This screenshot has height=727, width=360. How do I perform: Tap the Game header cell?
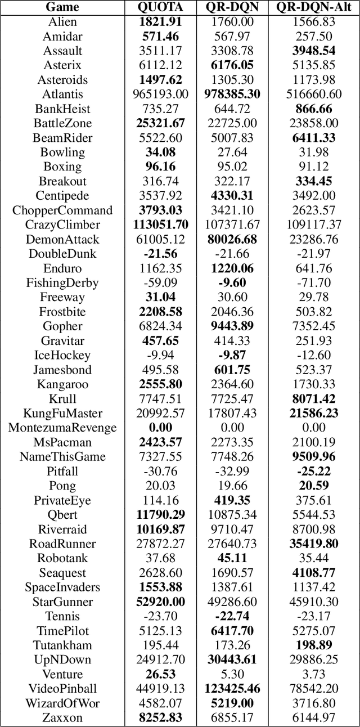(62, 7)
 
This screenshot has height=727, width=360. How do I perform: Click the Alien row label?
(62, 22)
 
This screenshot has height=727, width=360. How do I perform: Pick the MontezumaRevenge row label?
(62, 427)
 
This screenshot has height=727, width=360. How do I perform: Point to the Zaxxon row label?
(62, 717)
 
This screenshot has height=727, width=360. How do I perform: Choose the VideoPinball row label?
(62, 688)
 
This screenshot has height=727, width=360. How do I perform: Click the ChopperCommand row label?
(62, 210)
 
